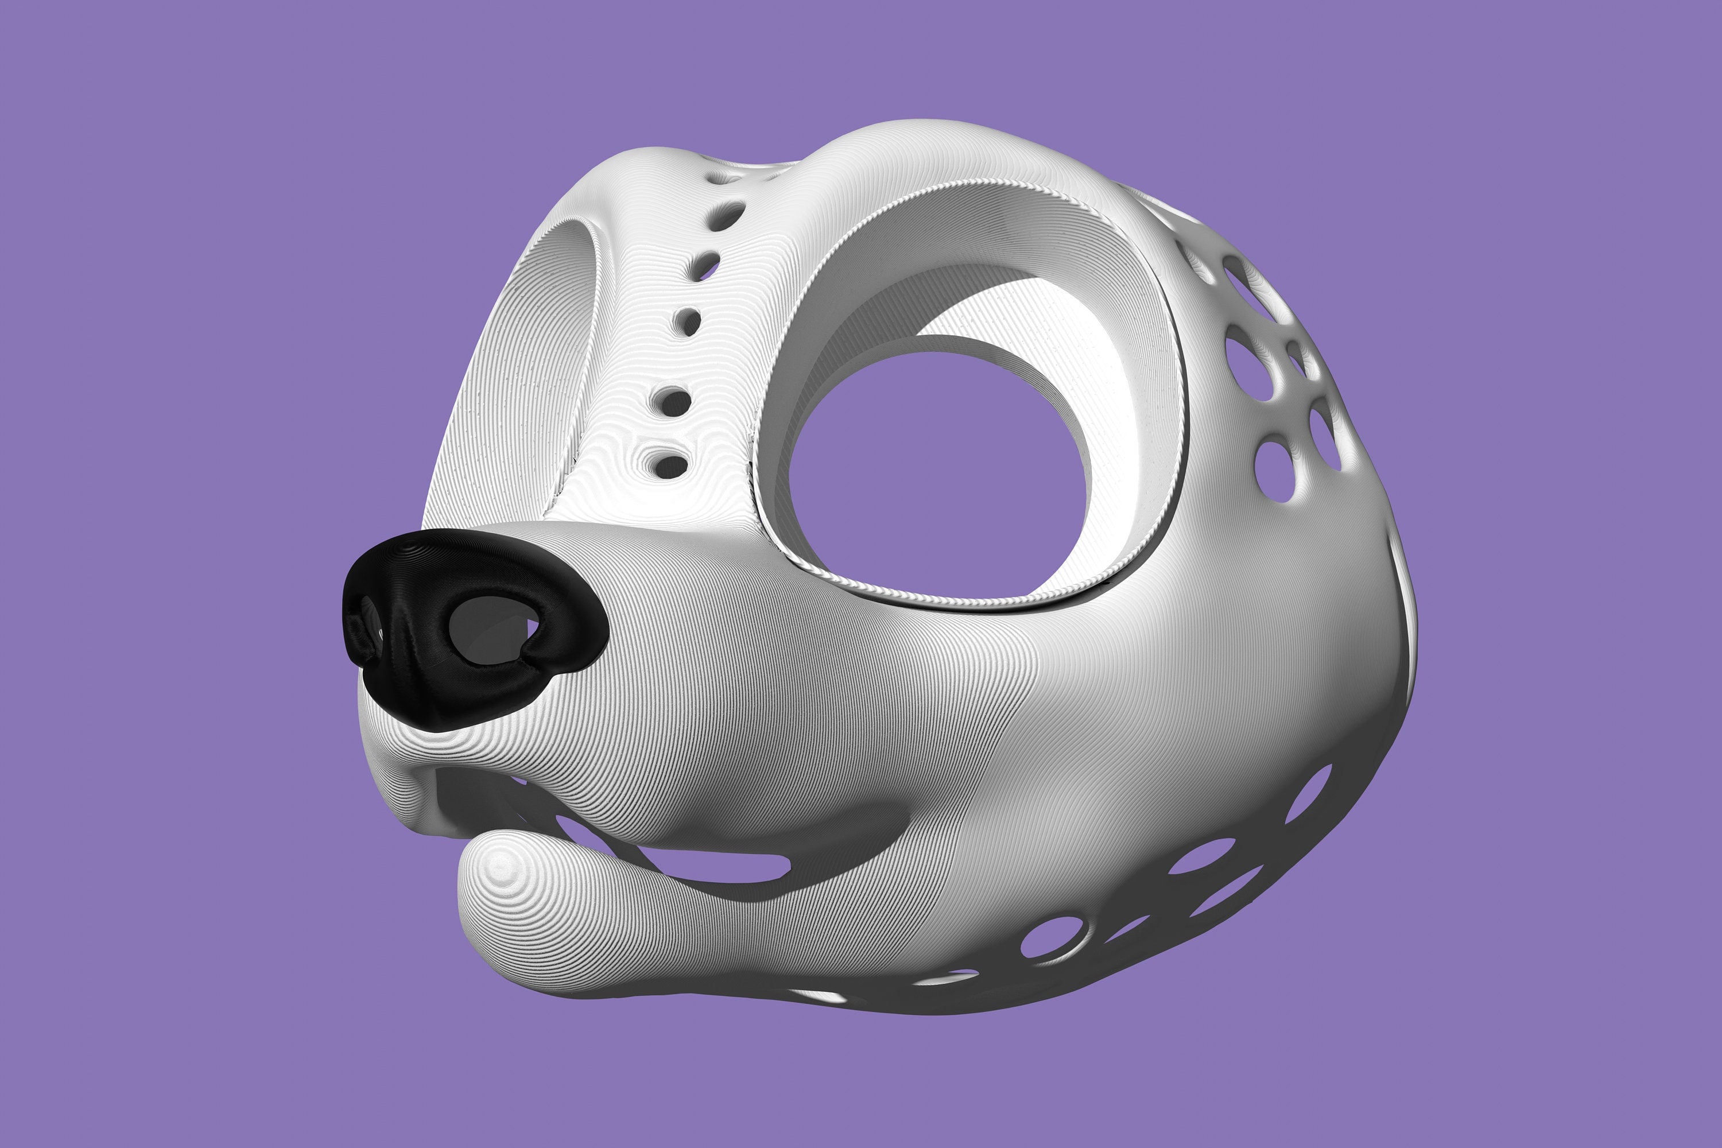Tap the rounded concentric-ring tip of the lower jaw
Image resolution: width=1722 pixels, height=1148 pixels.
502,871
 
